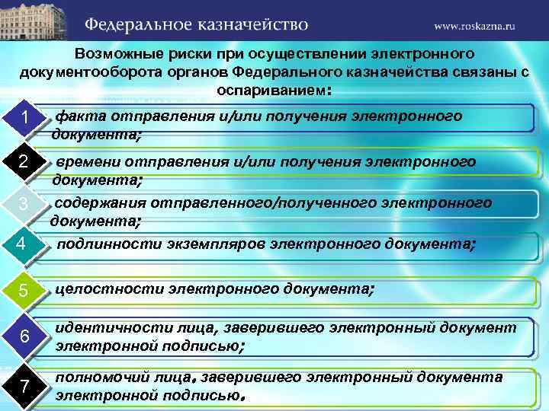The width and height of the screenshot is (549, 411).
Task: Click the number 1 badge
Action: click(25, 119)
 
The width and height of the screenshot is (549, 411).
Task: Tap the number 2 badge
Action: click(24, 162)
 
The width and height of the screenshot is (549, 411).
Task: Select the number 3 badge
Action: click(24, 204)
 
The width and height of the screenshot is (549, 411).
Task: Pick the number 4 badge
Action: click(22, 244)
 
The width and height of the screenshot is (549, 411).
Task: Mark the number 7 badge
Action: click(25, 387)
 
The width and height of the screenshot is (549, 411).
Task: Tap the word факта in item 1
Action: click(81, 116)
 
